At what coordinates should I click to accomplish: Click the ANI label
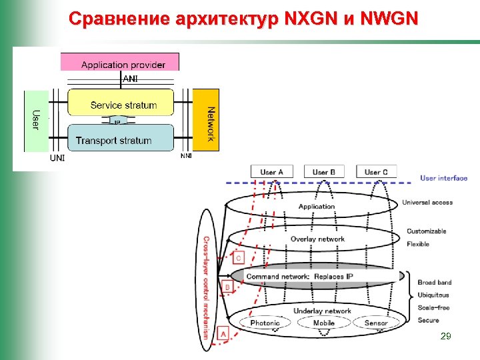(x=131, y=79)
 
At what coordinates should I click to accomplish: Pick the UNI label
(x=58, y=159)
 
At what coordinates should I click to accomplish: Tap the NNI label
(x=186, y=157)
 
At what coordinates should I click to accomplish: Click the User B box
(x=324, y=173)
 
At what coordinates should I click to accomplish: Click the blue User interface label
(x=444, y=178)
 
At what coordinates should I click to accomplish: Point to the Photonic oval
(x=265, y=323)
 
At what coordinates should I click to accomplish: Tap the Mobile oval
(x=324, y=323)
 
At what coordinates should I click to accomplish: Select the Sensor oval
(x=376, y=323)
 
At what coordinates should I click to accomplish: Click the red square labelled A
(x=223, y=333)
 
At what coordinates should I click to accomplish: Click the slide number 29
(x=446, y=338)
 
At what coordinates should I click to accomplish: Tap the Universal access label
(x=427, y=203)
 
